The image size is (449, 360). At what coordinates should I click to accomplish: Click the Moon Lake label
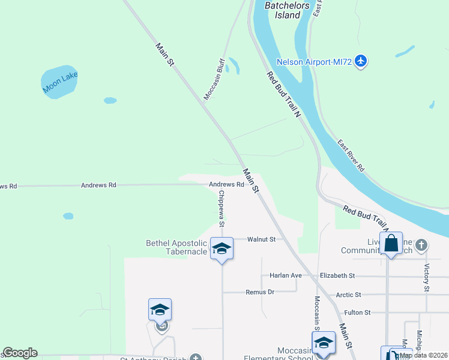point(61,82)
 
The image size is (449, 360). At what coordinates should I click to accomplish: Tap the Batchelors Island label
point(287,10)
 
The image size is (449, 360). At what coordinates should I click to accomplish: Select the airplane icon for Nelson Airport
point(360,61)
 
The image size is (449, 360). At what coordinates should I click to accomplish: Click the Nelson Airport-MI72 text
point(314,61)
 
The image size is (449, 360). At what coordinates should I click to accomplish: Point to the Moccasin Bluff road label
point(214,79)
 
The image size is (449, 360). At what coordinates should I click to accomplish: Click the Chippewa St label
point(221,209)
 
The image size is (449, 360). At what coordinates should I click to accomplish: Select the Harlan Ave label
point(288,275)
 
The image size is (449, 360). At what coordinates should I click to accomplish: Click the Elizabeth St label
point(338,275)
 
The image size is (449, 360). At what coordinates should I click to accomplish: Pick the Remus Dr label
point(260,292)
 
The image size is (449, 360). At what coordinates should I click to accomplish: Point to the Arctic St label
point(349,295)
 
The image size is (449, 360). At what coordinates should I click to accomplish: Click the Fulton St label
point(358,313)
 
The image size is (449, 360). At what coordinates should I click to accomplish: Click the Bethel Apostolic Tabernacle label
point(176,247)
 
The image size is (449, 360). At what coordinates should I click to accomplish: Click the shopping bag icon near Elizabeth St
point(391,244)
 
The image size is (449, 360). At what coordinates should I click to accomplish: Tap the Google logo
point(20,353)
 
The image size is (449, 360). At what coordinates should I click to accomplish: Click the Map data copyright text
point(423,355)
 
